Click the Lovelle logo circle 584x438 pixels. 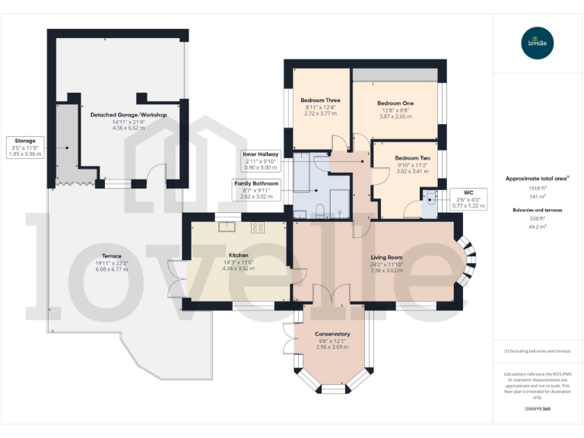[538, 43]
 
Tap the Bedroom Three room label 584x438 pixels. [320, 100]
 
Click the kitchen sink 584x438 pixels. [227, 226]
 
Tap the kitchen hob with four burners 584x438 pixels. [258, 226]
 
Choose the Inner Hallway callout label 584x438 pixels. [261, 160]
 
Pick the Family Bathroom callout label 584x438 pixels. [256, 189]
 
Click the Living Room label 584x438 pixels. [386, 257]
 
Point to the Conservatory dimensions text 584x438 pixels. [332, 346]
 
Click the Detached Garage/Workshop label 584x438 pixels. [129, 114]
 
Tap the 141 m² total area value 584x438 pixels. [538, 195]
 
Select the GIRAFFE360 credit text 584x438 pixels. [538, 409]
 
